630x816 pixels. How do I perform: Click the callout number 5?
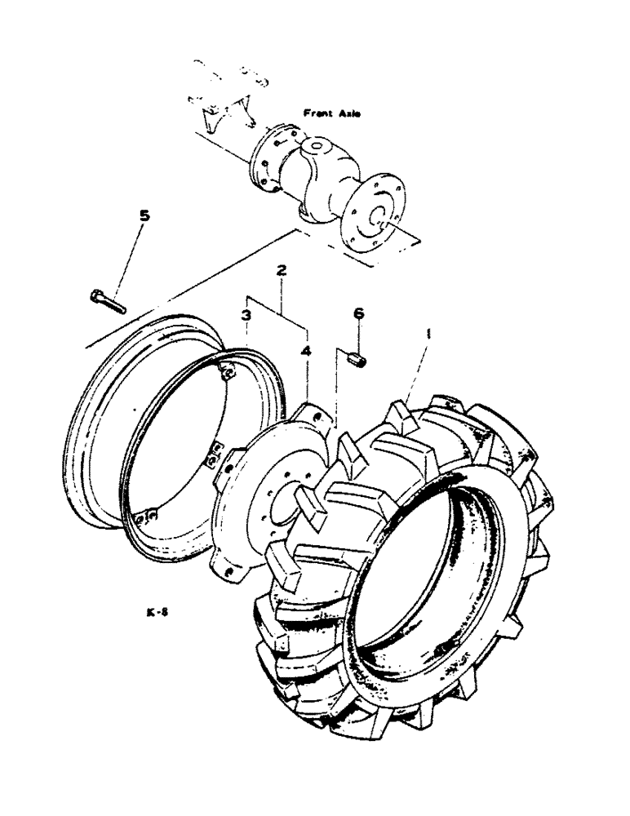click(x=144, y=216)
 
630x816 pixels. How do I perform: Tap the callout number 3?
click(x=246, y=314)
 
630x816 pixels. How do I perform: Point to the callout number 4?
click(x=307, y=351)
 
